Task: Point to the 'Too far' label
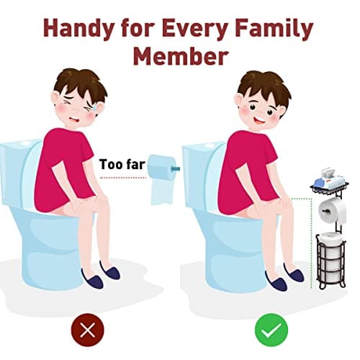tap(122, 164)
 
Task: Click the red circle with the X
tap(88, 330)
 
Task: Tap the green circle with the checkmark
tap(271, 330)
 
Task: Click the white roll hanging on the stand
tap(333, 211)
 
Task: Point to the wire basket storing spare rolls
tap(331, 261)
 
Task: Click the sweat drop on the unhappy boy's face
tap(95, 107)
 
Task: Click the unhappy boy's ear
tap(55, 99)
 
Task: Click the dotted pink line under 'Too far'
tap(123, 178)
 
